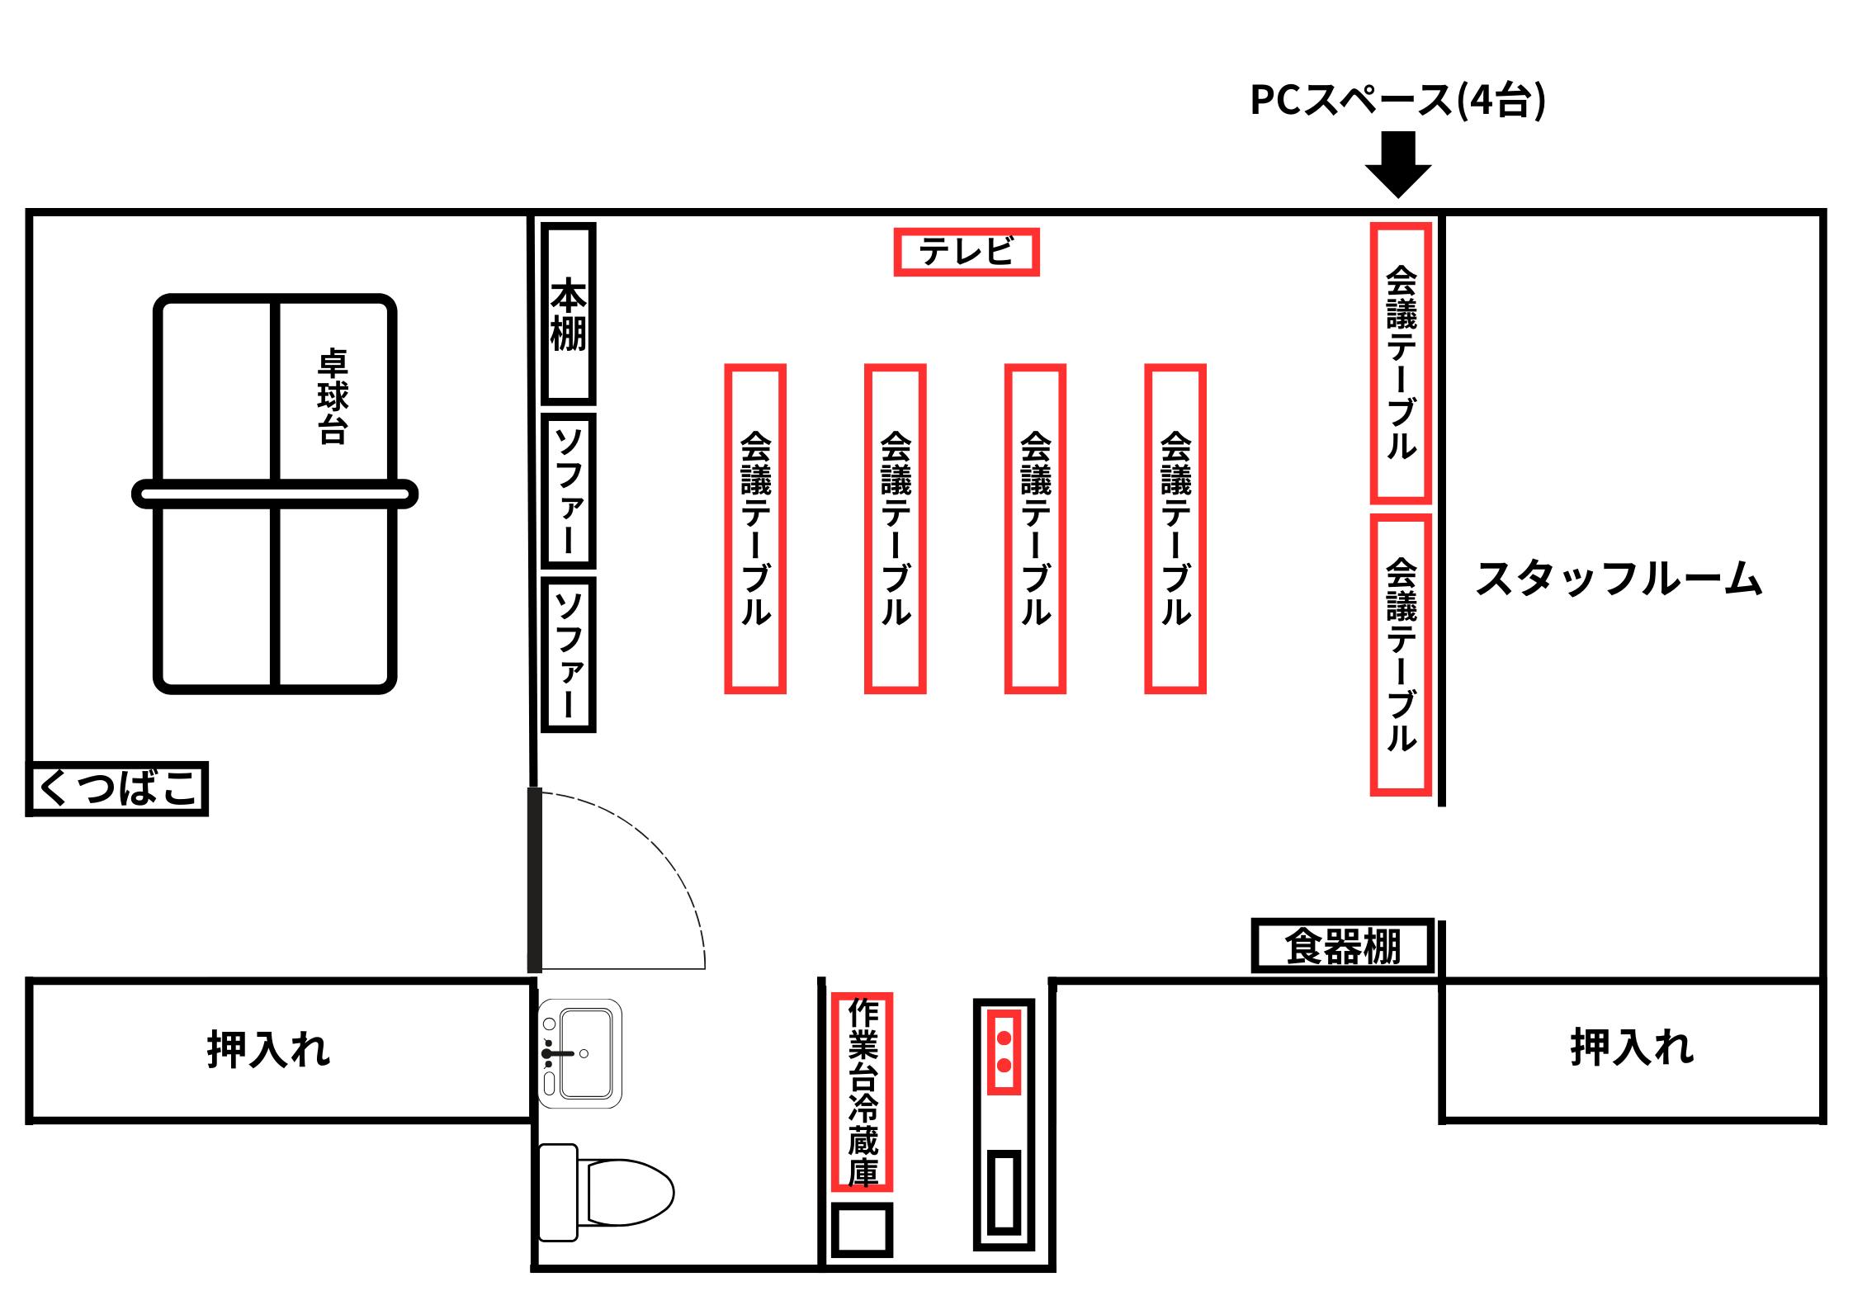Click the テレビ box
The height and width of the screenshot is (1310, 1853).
click(967, 252)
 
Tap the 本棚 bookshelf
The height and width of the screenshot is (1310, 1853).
click(568, 314)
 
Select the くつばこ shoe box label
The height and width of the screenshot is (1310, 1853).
click(118, 788)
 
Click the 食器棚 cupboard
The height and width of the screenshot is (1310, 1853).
click(1343, 946)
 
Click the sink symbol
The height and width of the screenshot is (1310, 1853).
click(579, 1053)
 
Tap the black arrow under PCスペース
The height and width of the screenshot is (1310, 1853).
click(1397, 165)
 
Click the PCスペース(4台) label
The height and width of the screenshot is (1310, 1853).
click(1397, 101)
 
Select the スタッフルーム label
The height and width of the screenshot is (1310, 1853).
click(1619, 579)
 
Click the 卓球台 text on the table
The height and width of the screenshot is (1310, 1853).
click(333, 397)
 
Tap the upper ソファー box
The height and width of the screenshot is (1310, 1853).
click(568, 491)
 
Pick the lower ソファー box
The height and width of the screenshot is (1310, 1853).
click(568, 655)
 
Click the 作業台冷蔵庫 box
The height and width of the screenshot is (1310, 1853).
click(862, 1092)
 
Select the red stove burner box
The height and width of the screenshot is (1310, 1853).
click(1004, 1052)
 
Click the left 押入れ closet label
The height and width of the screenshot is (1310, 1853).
click(268, 1049)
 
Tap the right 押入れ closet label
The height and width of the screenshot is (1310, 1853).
click(1632, 1048)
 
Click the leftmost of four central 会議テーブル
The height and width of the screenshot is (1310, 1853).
click(755, 528)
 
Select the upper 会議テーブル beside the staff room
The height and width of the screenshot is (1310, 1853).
click(1401, 363)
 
